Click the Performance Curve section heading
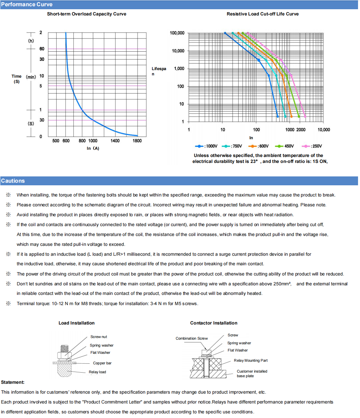point(27,5)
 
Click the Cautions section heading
point(13,181)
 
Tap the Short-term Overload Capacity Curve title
point(87,14)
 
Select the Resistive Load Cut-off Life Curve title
point(263,14)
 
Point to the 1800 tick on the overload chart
point(137,141)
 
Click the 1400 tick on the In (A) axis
point(115,141)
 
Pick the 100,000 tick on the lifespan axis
point(177,33)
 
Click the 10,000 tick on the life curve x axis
point(323,130)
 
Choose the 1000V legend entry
point(207,146)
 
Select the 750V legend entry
point(232,146)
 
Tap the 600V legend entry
point(259,146)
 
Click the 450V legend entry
point(285,146)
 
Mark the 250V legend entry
point(312,146)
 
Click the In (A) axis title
point(93,148)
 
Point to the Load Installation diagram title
point(76,323)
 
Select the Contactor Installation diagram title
point(214,323)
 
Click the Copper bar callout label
point(102,363)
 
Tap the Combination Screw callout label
point(192,338)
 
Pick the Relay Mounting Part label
point(250,360)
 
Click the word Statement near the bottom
point(13,382)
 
